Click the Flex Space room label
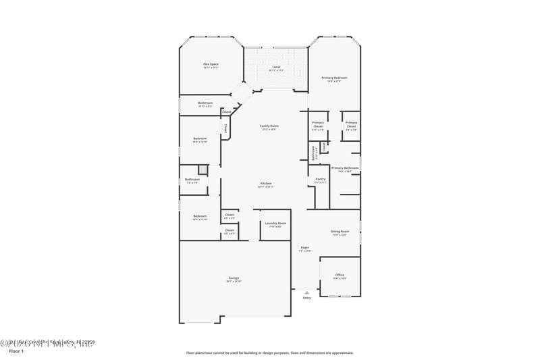(x=211, y=64)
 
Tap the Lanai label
(x=276, y=67)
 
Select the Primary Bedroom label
(x=335, y=78)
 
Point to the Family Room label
(x=270, y=126)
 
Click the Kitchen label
(x=267, y=184)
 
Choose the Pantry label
(x=320, y=179)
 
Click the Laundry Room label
(x=275, y=223)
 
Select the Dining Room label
(x=340, y=231)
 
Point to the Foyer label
(x=305, y=248)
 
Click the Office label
(x=340, y=275)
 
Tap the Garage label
(x=234, y=278)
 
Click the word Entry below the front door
(x=307, y=297)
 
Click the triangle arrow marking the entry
(x=307, y=292)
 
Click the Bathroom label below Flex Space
(x=205, y=103)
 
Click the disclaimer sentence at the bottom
(x=269, y=352)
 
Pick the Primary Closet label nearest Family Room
(x=318, y=124)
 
